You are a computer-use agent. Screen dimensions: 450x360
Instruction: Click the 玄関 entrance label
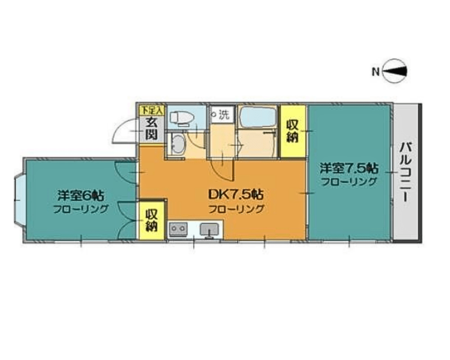[151, 129]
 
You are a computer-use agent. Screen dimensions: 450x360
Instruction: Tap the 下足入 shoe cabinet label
[152, 110]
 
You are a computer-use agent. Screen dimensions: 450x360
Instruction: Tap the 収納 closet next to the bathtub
[293, 131]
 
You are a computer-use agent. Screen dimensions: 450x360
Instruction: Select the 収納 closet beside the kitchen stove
[152, 220]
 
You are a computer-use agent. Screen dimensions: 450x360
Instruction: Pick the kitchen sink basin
[209, 229]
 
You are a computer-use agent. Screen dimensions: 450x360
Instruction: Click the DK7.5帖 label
[236, 195]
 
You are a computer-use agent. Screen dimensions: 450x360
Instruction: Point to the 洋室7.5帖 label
[349, 168]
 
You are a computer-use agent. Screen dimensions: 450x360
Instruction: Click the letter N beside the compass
[376, 72]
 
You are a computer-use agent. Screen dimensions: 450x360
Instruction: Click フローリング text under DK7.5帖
[236, 209]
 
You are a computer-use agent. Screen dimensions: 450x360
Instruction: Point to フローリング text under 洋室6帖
[81, 209]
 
